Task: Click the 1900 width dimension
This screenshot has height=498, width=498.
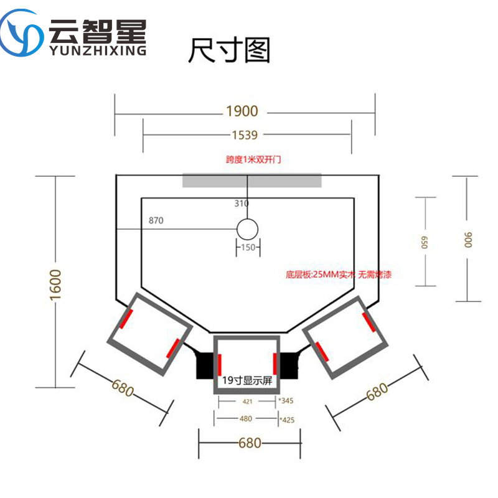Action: (x=242, y=112)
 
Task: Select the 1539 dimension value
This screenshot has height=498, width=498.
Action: (x=245, y=134)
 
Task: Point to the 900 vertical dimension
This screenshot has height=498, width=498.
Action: (x=467, y=239)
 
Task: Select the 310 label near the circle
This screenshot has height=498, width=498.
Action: (x=242, y=204)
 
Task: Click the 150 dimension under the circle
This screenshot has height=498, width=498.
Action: (x=247, y=248)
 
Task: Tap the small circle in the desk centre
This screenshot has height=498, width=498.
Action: (x=247, y=229)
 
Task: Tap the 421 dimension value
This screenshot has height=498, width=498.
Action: (x=247, y=402)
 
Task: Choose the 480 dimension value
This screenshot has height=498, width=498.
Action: (x=247, y=419)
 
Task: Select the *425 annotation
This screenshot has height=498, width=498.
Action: (x=287, y=420)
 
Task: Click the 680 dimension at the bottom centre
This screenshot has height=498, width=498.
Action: (x=249, y=443)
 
